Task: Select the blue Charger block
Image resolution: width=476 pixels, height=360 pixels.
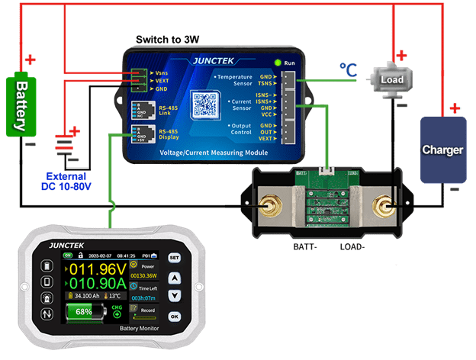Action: [442, 150]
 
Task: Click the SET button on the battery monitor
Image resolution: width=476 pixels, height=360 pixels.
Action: [175, 258]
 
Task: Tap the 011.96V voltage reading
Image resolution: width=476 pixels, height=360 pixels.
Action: [96, 269]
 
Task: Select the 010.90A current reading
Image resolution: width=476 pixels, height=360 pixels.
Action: [96, 285]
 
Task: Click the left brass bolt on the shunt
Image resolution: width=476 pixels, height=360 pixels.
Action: [269, 206]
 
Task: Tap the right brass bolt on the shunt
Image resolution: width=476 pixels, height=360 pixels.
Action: [384, 207]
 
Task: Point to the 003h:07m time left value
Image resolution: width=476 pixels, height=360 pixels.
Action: [143, 298]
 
